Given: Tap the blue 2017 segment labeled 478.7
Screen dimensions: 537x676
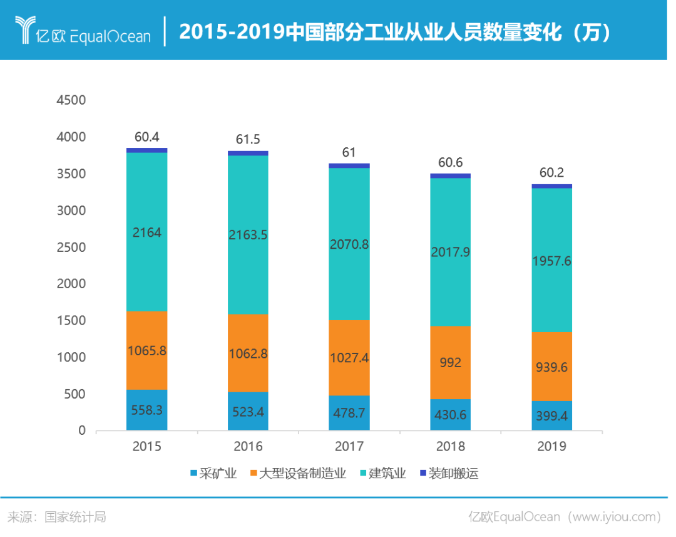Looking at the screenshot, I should coord(349,412).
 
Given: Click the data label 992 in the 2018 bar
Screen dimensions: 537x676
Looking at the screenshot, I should coord(450,362).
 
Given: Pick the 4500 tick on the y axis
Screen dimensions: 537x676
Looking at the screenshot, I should coord(71,100).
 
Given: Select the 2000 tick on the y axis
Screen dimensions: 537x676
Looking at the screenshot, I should coord(71,284).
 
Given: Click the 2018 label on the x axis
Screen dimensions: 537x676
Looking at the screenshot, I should coord(450,447).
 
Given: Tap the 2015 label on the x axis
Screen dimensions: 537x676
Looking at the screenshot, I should coord(146,447).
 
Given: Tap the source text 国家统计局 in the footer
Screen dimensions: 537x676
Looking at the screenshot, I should coord(75,517).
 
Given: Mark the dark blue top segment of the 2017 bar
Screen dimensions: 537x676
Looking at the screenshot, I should coord(349,165).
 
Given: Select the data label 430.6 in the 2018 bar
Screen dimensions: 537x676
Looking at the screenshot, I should coord(450,415).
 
